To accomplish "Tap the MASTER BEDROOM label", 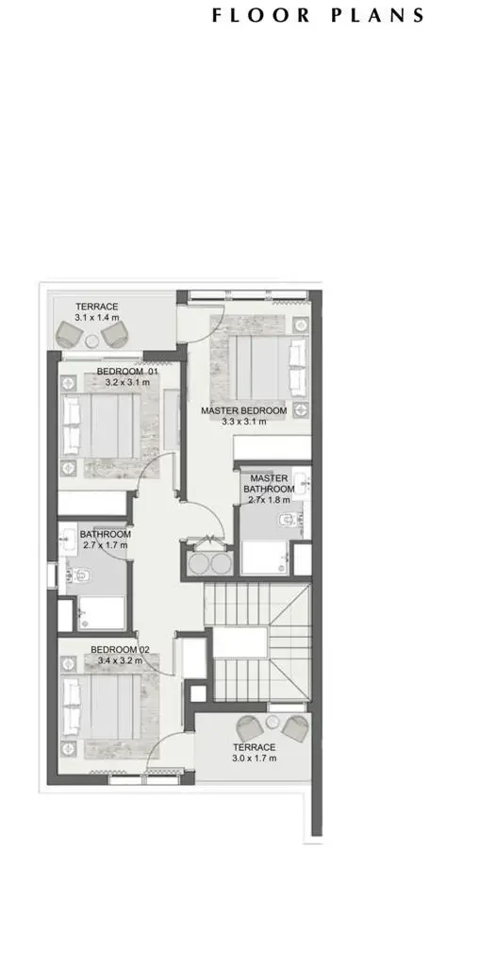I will [x=243, y=411].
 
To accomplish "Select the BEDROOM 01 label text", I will [x=127, y=373].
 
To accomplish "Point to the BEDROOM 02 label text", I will [x=121, y=649].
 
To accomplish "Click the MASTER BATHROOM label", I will [x=269, y=484].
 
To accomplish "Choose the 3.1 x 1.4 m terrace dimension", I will [x=98, y=319].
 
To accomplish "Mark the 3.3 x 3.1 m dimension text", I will [x=243, y=423].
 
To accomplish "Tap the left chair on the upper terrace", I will [x=69, y=333].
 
